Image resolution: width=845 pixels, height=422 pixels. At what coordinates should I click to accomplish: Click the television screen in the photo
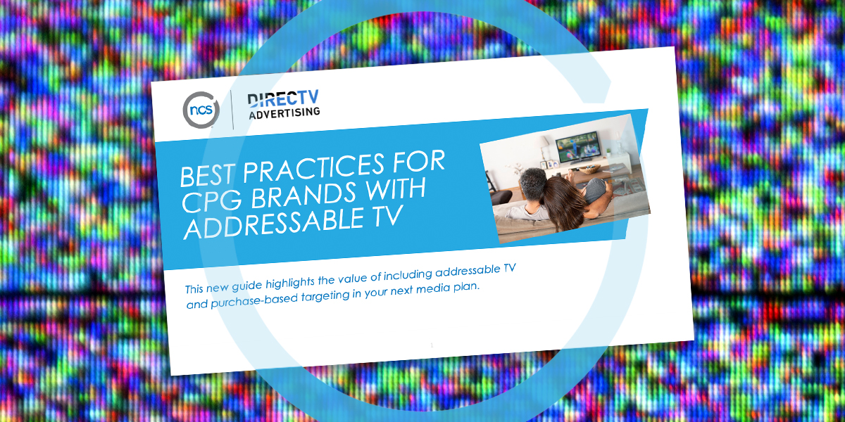(576, 146)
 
